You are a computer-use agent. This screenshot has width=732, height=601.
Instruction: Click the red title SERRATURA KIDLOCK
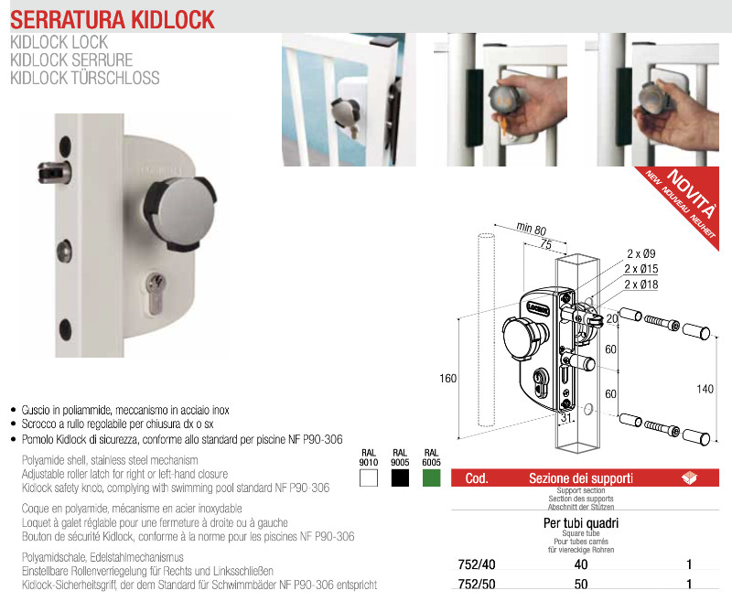point(113,19)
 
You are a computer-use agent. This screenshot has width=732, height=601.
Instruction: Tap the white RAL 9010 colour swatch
point(369,478)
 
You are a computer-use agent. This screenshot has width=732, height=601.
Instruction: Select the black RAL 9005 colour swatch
point(400,478)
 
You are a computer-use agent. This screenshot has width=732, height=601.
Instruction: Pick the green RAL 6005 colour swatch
point(431,478)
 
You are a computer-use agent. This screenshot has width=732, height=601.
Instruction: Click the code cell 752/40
point(477,564)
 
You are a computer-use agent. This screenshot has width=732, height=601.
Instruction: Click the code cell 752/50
point(477,585)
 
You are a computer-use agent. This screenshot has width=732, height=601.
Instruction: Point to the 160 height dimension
point(447,379)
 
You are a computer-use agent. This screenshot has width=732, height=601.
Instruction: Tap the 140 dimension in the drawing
point(705,389)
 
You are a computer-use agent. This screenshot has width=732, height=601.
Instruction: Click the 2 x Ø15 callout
point(641,269)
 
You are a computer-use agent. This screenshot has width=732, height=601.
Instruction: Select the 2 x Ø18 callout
point(641,284)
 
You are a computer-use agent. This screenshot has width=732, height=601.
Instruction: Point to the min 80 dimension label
point(532,228)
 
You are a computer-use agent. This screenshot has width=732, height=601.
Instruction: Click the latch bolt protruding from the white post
point(54,172)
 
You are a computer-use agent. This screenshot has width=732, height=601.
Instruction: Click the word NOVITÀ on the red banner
point(692,193)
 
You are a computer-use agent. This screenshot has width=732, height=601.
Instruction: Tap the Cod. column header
point(477,478)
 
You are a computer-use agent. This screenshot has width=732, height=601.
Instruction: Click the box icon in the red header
point(689,478)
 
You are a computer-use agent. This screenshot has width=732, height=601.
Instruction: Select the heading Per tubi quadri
point(581,523)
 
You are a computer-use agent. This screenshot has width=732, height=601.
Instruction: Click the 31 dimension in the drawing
point(566,417)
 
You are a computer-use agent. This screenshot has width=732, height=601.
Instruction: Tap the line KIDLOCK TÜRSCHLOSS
point(85,78)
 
